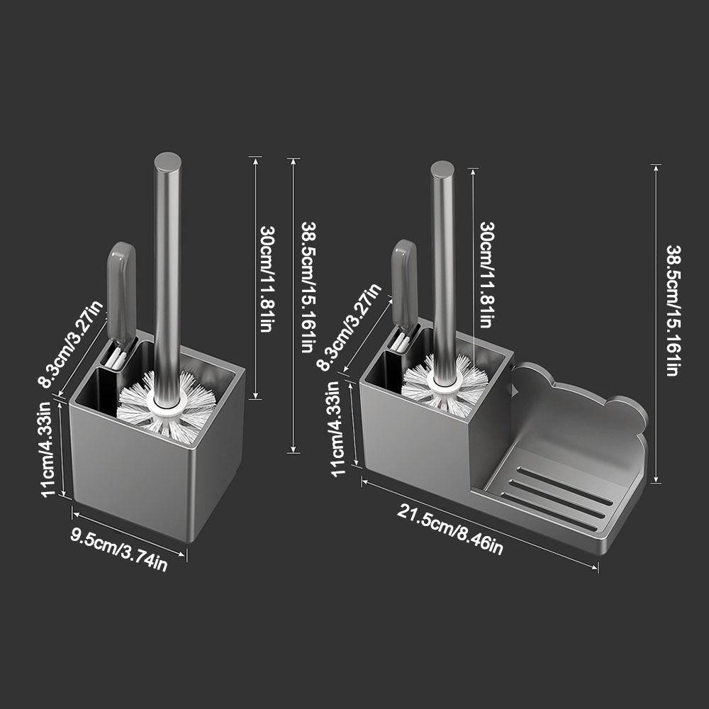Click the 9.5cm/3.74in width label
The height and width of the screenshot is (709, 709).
(119, 549)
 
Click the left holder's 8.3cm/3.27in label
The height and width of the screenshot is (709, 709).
(72, 344)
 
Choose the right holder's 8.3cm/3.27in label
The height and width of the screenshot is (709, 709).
(349, 328)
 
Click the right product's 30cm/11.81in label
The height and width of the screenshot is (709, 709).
(487, 274)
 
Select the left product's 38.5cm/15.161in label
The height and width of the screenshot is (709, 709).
(308, 286)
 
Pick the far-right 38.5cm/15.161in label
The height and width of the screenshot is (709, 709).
(674, 311)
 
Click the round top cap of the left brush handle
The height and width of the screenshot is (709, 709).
(168, 161)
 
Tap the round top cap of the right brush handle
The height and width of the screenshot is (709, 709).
(442, 169)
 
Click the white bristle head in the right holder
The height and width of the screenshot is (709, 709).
(445, 384)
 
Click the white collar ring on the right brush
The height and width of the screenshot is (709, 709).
(445, 382)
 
